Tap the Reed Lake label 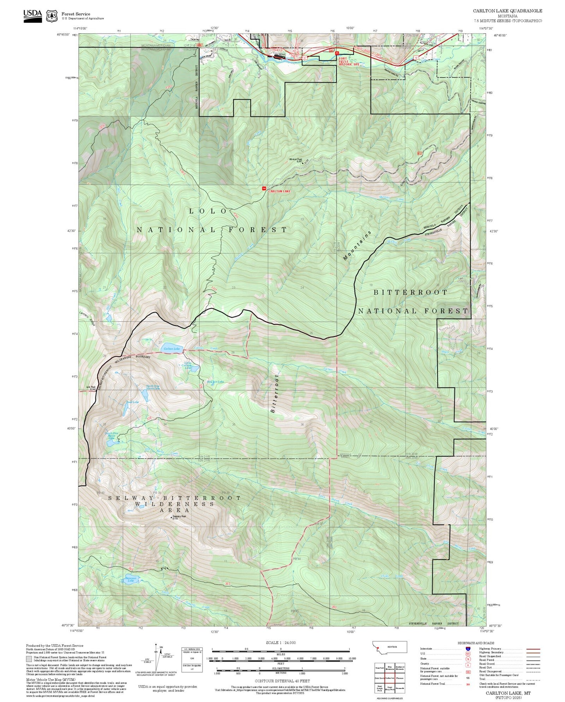(133, 402)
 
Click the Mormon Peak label (296, 159)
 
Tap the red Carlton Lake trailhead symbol (264, 189)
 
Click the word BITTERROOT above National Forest (410, 292)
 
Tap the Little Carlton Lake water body (194, 369)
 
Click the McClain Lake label (215, 382)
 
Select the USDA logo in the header (32, 15)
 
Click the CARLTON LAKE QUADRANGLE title (507, 11)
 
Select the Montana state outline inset (389, 647)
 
